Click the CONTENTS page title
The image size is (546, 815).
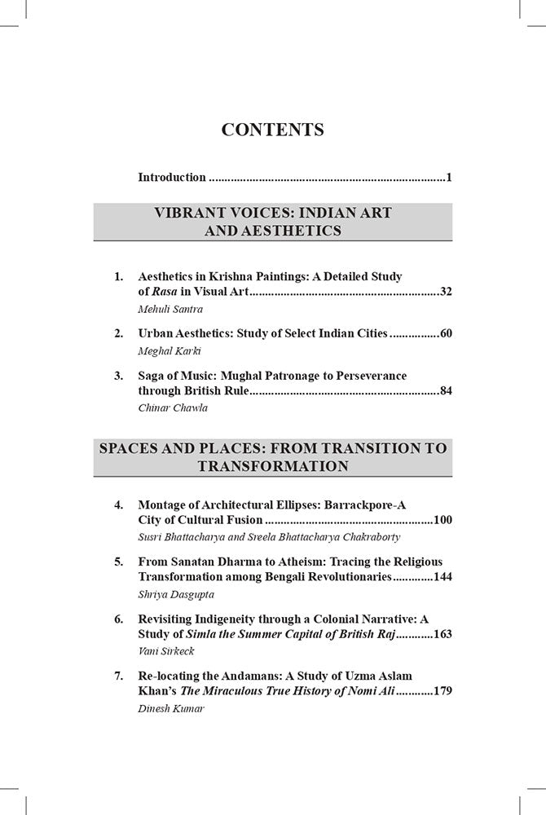pyautogui.click(x=273, y=130)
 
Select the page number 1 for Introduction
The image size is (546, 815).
pyautogui.click(x=449, y=177)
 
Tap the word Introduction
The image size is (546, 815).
pyautogui.click(x=172, y=177)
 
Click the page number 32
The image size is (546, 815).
pyautogui.click(x=445, y=291)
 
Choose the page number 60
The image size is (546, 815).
pyautogui.click(x=445, y=333)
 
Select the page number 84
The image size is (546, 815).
pyautogui.click(x=445, y=390)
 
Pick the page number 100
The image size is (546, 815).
pyautogui.click(x=443, y=519)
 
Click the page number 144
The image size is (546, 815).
pyautogui.click(x=443, y=576)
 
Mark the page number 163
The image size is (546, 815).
pyautogui.click(x=443, y=633)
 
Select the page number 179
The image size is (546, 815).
pyautogui.click(x=443, y=690)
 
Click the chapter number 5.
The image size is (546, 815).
pyautogui.click(x=118, y=562)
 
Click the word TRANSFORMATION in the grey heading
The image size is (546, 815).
pyautogui.click(x=273, y=466)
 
